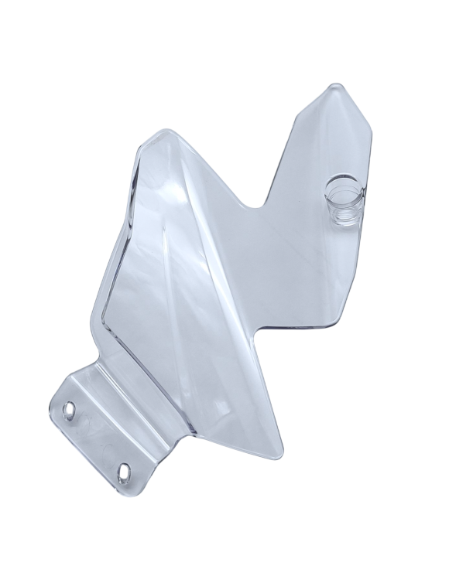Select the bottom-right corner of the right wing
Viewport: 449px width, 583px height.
click(x=341, y=322)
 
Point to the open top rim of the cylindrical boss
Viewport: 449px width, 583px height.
click(x=343, y=186)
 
